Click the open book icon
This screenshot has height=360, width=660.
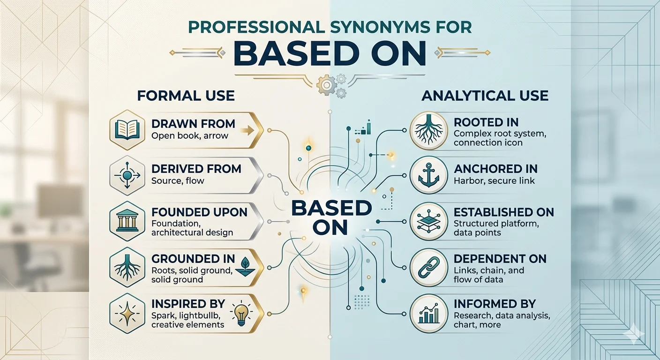tap(127, 130)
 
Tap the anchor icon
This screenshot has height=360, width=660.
tap(429, 175)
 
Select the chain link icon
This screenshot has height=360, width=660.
tap(429, 268)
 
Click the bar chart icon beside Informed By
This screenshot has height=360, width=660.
tap(429, 314)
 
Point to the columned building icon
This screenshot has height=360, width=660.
tap(127, 221)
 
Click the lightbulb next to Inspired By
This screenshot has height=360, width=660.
tap(241, 314)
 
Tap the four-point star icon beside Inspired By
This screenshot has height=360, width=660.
tap(127, 314)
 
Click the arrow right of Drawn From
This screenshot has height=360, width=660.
tap(247, 130)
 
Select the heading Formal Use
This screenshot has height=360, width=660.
tap(186, 96)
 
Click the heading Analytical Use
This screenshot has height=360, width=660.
tap(485, 96)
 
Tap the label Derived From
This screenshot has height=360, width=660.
tap(196, 169)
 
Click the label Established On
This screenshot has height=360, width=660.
tap(504, 212)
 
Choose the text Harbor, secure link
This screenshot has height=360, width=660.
tap(494, 180)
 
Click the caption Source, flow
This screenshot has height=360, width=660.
tap(178, 180)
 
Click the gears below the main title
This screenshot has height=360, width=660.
tap(332, 85)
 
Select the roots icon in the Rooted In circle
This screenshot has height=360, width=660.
tap(429, 130)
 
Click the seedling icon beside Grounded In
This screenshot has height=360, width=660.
tap(245, 267)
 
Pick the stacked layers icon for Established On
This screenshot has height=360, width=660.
tap(429, 221)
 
